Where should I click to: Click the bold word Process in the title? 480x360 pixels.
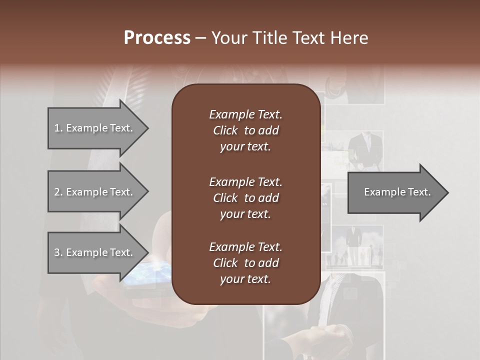[157, 38]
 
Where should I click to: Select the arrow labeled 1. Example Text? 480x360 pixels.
[95, 128]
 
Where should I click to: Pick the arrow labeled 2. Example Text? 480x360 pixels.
[95, 192]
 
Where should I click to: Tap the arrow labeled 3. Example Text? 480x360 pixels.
[95, 252]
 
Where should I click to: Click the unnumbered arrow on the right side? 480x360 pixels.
[395, 192]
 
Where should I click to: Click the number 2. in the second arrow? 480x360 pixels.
[58, 192]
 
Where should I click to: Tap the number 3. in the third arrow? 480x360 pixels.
[58, 252]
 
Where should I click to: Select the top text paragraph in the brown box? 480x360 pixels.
[245, 130]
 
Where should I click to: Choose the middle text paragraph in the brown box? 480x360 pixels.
[245, 198]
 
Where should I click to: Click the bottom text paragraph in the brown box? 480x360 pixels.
[245, 263]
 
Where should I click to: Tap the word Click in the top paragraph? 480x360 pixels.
[225, 130]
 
